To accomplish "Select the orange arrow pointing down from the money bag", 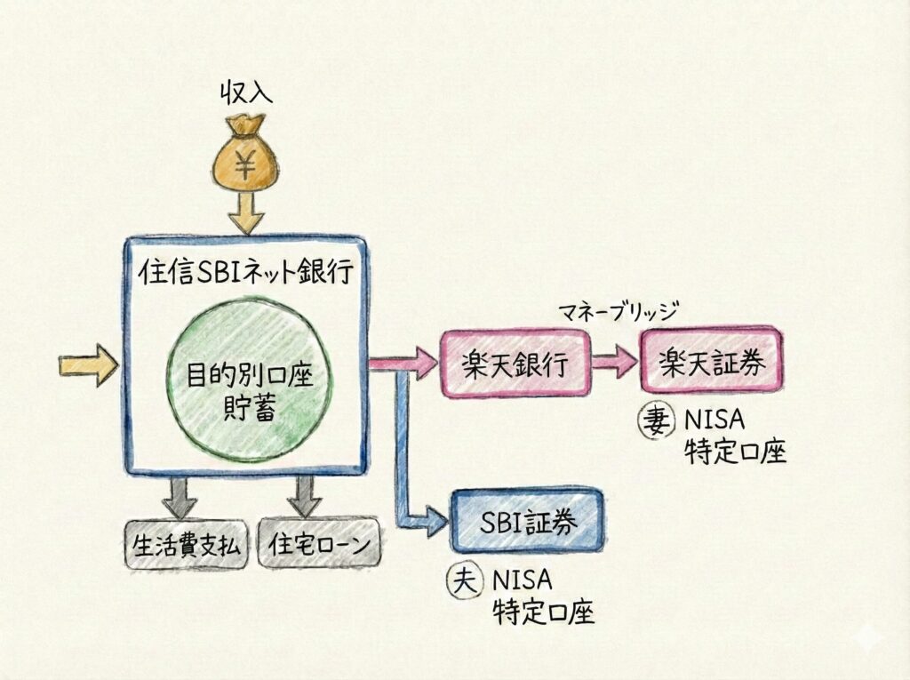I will [244, 213].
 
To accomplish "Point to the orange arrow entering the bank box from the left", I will [87, 364].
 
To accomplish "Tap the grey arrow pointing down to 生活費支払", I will [182, 496].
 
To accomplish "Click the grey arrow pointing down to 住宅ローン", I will [305, 496].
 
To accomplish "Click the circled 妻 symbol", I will [657, 420].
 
